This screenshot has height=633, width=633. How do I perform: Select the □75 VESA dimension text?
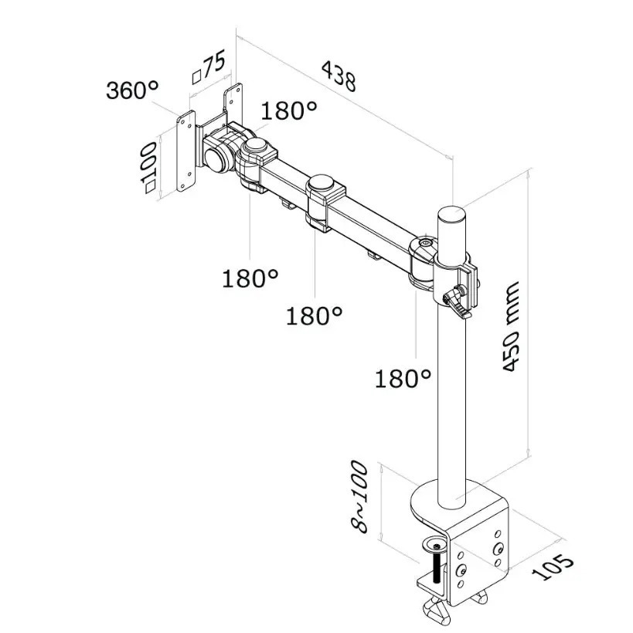209,67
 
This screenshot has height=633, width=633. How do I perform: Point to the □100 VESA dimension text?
149,169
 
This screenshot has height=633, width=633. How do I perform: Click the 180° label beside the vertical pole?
403,378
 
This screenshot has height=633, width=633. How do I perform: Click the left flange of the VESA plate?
185,151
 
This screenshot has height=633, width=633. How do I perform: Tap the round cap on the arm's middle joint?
324,186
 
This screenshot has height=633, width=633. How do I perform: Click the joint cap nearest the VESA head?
258,146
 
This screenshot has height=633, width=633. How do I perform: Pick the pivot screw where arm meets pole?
424,245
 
